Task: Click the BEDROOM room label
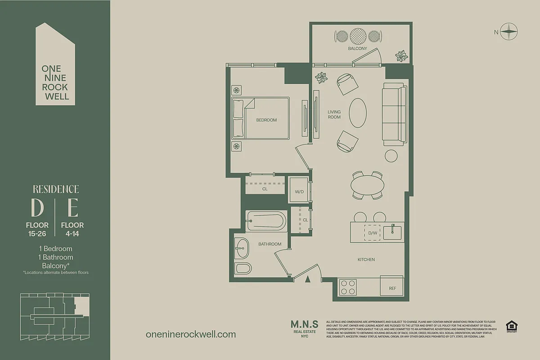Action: [266, 120]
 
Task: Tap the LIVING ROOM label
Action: [334, 114]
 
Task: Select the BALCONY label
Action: [357, 49]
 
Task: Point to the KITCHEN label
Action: [366, 260]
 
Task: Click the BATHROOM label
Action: [270, 244]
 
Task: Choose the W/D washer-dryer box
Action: [299, 192]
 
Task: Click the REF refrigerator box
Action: [392, 288]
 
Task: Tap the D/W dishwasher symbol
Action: [372, 233]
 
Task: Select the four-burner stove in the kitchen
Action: [348, 287]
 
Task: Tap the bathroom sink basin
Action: [242, 248]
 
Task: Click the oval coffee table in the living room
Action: [358, 113]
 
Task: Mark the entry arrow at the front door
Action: [308, 279]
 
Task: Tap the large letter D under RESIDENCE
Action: [37, 208]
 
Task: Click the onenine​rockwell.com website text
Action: [191, 334]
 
